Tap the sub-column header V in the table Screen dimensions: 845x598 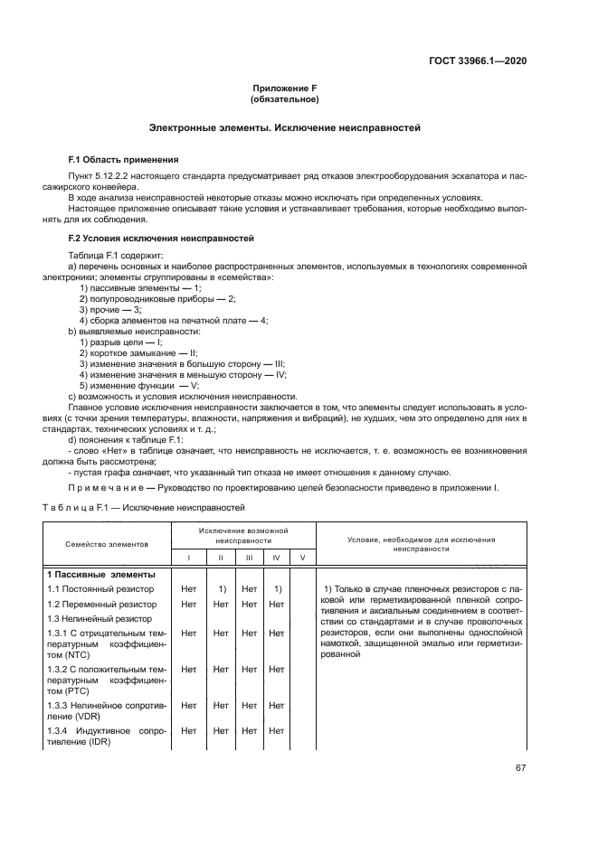(x=302, y=558)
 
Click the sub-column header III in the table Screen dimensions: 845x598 (x=249, y=558)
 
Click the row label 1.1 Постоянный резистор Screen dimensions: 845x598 (x=100, y=589)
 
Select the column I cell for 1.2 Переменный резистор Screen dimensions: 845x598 (x=188, y=604)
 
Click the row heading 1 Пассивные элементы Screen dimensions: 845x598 (x=100, y=575)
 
